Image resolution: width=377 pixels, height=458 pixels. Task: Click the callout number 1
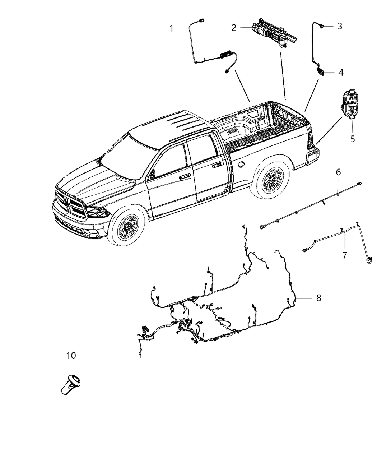click(x=172, y=28)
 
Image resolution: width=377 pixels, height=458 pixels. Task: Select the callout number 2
click(x=234, y=28)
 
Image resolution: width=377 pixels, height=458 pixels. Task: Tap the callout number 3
click(x=339, y=26)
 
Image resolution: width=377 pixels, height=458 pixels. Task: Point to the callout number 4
click(x=340, y=73)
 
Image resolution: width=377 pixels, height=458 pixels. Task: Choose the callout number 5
click(x=353, y=138)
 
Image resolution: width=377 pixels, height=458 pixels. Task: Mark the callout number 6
click(x=338, y=172)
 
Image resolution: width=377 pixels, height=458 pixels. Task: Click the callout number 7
click(x=344, y=256)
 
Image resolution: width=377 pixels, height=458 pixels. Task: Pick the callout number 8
click(x=318, y=298)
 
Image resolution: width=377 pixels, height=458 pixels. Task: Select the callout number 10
click(x=71, y=356)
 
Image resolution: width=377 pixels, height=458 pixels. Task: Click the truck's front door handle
click(x=185, y=176)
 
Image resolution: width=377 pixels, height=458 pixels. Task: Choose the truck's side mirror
click(x=152, y=175)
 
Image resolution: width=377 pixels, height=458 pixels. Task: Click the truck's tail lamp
click(x=309, y=142)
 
